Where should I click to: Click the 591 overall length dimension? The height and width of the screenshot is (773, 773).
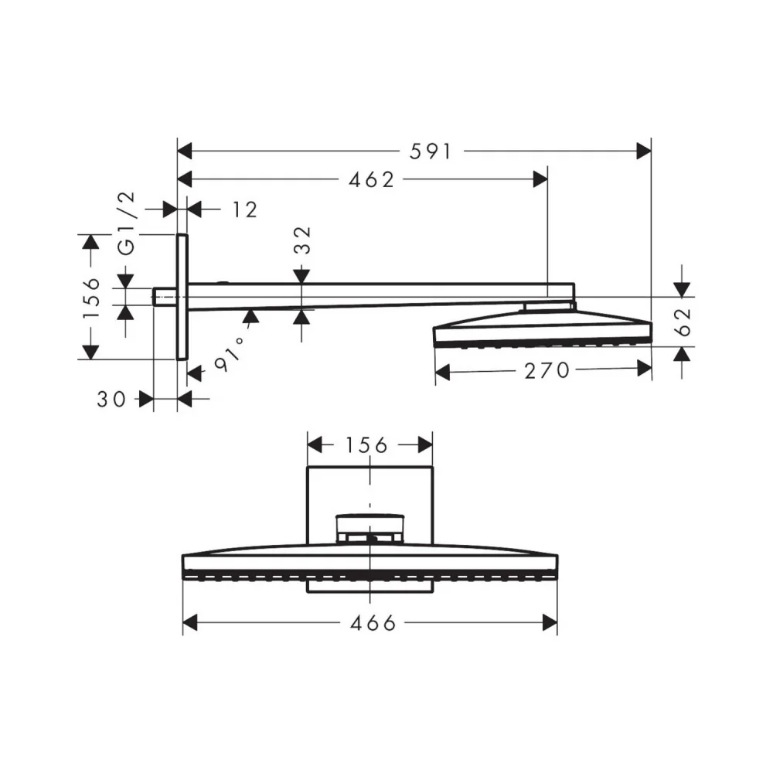tap(430, 152)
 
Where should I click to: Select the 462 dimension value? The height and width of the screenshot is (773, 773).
tap(371, 180)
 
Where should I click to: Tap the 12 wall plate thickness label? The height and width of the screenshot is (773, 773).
tap(244, 210)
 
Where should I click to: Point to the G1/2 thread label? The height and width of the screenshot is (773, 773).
tap(127, 223)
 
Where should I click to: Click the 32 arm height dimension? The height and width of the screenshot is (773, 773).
tap(303, 240)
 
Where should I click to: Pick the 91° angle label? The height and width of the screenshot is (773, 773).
tap(230, 355)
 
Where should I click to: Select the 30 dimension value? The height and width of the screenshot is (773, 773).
tap(111, 400)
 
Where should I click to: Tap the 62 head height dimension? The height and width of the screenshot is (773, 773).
tap(683, 322)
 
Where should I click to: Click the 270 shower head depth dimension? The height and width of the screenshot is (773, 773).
tap(547, 371)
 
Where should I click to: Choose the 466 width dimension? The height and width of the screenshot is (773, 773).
tap(373, 623)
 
